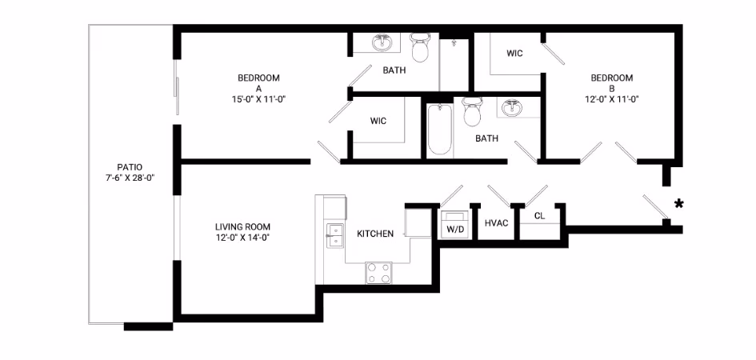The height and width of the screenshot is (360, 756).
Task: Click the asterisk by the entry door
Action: [x=678, y=204]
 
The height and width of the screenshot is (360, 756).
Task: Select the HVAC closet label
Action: [x=496, y=222]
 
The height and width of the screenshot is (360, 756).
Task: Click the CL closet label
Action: [x=539, y=215]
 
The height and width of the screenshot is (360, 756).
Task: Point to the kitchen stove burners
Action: [x=379, y=273]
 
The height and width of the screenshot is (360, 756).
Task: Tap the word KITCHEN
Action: [x=374, y=234]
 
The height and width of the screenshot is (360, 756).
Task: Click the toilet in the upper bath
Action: [x=420, y=49]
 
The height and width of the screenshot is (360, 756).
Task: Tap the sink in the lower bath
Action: [x=510, y=107]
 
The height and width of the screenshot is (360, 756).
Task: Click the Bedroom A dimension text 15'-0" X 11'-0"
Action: [x=258, y=99]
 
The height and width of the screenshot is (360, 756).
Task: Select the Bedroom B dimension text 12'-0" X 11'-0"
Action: [x=611, y=99]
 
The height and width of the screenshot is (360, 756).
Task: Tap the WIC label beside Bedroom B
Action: [x=514, y=54]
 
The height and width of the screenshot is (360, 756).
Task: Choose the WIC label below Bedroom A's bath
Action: [x=378, y=121]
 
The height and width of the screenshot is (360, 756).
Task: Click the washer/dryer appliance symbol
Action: [x=455, y=217]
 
